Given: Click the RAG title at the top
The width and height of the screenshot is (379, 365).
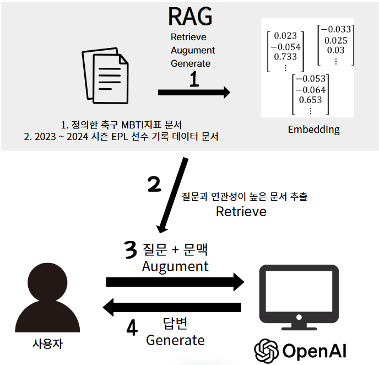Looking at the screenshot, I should click(x=190, y=16).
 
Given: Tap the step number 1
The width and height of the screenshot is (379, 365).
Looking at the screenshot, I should click(x=194, y=80).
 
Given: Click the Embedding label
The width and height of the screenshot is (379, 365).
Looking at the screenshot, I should click(x=313, y=130).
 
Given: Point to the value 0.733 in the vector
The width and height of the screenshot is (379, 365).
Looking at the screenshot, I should click(x=285, y=56).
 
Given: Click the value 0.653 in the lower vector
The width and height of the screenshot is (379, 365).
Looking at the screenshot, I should click(x=310, y=100).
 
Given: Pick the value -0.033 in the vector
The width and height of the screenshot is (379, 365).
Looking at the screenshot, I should click(x=335, y=30).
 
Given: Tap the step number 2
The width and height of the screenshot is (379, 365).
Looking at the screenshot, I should click(x=155, y=184).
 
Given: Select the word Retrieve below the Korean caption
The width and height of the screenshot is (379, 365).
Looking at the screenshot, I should click(x=241, y=211).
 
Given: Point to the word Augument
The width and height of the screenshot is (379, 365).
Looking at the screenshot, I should click(x=175, y=266).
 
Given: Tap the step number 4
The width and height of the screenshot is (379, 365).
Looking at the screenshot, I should click(x=132, y=328).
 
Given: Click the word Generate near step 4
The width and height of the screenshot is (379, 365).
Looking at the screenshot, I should click(x=175, y=340).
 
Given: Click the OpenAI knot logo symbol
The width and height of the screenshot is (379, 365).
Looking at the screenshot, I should click(x=266, y=350).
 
